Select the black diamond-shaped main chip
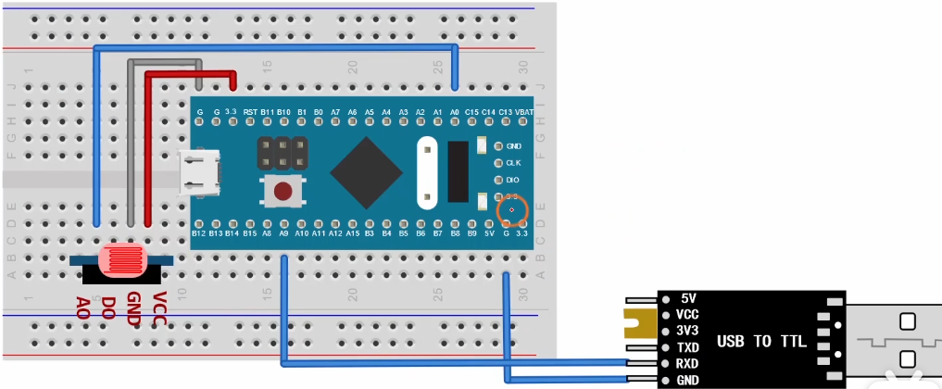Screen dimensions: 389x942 pos(366,171)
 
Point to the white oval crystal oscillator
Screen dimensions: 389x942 pos(427,173)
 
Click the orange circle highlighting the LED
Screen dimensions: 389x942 pos(512,211)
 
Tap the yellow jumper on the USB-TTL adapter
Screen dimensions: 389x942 pos(639,323)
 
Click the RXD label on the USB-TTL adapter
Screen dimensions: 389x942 pos(687,363)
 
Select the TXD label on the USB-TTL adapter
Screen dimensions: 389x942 pos(687,347)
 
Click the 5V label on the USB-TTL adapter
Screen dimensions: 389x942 pos(687,298)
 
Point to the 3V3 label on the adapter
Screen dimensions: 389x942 pos(687,331)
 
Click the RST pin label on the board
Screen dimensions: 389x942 pos(250,112)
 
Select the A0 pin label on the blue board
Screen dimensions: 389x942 pos(454,112)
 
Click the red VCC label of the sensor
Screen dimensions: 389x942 pos(158,307)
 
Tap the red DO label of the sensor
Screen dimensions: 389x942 pos(108,307)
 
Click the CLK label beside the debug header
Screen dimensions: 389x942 pos(514,162)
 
